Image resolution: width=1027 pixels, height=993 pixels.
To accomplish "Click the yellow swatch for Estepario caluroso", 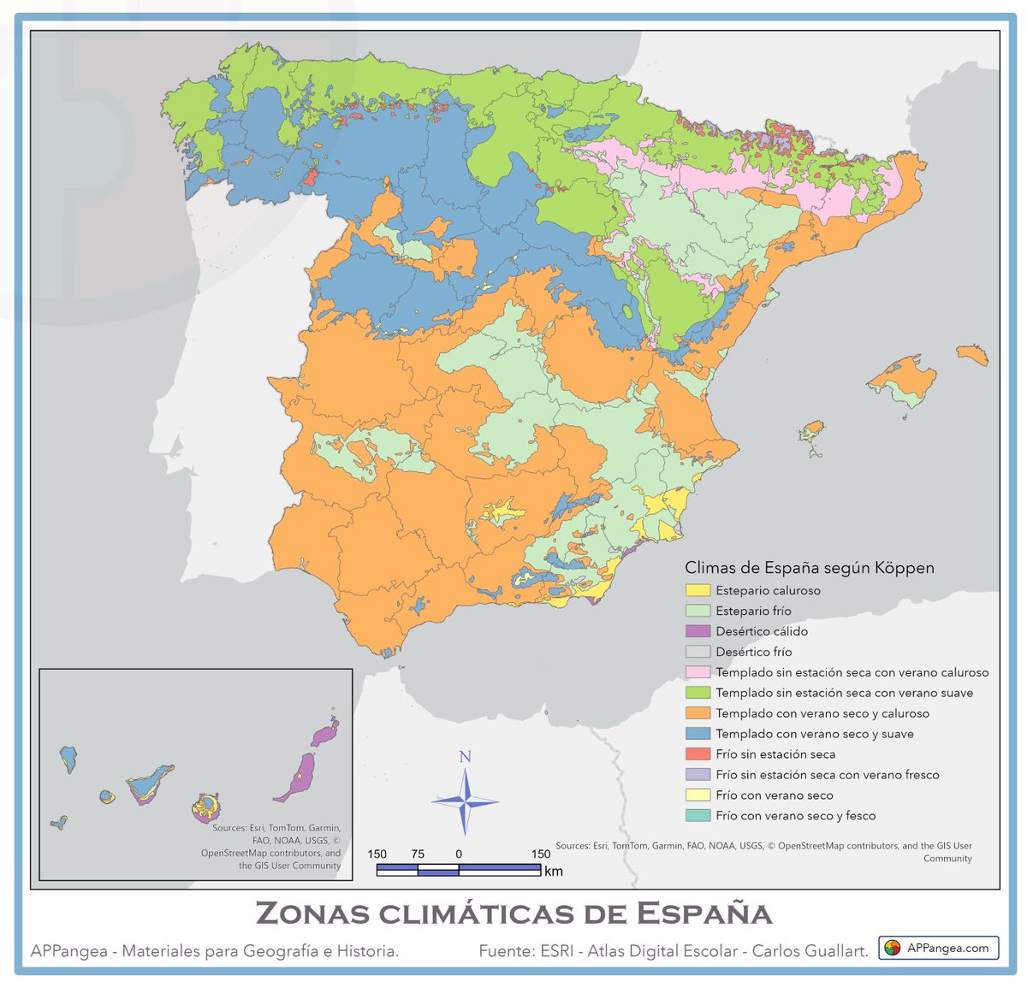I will pos(698,590).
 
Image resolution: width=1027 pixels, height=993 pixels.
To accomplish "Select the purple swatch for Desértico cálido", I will pos(698,631).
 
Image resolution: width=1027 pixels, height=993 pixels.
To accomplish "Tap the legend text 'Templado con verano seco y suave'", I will pos(814,734).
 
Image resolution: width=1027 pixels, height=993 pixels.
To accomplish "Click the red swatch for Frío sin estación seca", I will pos(698,754).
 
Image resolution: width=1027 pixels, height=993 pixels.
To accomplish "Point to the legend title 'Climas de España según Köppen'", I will pos(809,568).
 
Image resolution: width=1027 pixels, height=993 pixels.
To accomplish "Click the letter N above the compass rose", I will pos(465,757).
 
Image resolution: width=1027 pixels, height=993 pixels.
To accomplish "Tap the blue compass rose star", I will pos(465,802).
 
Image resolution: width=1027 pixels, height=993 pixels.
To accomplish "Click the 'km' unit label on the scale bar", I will pos(553,872).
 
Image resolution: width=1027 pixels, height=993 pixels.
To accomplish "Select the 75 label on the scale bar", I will pos(418,854).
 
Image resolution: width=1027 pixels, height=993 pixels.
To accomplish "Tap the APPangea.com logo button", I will pos(938,948).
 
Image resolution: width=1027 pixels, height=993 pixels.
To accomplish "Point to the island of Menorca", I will pos(972,354).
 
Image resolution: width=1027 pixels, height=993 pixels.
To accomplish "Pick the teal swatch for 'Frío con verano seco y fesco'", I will pos(698,816).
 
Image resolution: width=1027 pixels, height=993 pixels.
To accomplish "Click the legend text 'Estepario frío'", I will pos(753,611).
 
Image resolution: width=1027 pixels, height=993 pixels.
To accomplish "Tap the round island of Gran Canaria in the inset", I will pos(206,805).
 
